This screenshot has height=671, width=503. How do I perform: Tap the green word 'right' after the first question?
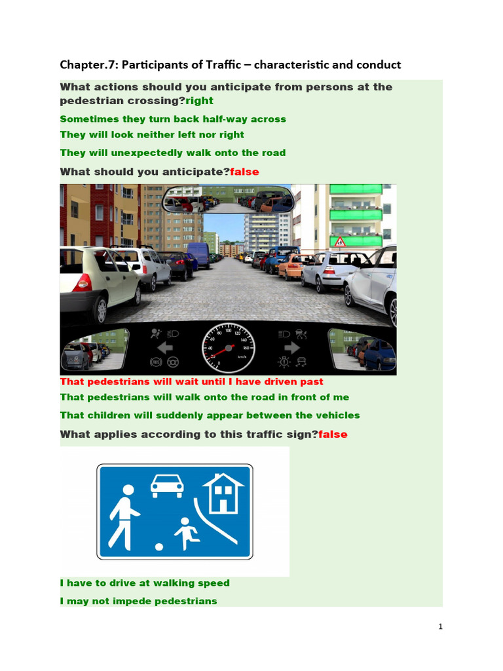coord(199,101)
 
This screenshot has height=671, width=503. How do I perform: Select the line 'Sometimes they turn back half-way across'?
coord(173,119)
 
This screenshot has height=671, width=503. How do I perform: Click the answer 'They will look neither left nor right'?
coord(152,135)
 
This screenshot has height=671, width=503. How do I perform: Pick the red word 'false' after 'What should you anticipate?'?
coord(244,172)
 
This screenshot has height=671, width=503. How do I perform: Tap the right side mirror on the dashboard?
coord(362,349)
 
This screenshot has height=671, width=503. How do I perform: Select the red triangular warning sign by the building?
coord(340,242)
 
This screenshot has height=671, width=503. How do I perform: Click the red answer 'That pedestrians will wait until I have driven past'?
coord(191,381)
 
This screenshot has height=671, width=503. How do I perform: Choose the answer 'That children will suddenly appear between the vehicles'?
coord(210,415)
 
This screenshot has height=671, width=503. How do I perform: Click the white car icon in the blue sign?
coord(167,486)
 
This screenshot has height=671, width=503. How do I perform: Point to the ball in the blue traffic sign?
coord(158,546)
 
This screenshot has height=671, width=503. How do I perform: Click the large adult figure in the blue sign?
coord(124,516)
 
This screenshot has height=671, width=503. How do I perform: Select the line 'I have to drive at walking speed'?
coord(145,583)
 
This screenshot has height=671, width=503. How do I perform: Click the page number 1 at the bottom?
coord(441,627)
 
